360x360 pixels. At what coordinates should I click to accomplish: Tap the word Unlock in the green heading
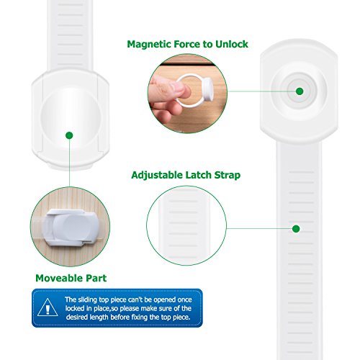[x=232, y=44]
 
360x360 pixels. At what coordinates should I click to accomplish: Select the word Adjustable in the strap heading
[x=157, y=175]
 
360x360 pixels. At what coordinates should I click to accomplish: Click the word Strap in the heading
[x=227, y=175]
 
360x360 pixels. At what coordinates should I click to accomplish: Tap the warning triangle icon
[x=48, y=307]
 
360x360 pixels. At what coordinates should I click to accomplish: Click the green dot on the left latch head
[x=69, y=135]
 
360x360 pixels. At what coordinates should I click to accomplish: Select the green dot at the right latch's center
[x=300, y=91]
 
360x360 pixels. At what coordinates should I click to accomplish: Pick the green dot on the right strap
[x=296, y=229]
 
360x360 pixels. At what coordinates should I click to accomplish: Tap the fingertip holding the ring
[x=184, y=90]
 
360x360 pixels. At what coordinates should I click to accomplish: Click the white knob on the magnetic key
[x=207, y=89]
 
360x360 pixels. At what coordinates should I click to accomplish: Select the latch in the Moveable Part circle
[x=70, y=227]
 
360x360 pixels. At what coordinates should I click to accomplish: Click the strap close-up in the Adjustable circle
[x=184, y=225]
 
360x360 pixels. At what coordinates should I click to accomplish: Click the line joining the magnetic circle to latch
[x=261, y=91]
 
